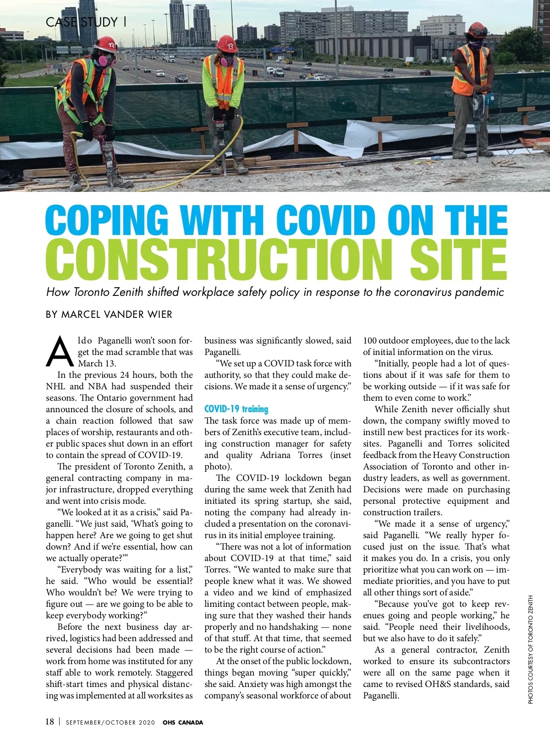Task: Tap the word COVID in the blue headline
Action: click(x=326, y=220)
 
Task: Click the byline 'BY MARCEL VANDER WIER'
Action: click(x=109, y=315)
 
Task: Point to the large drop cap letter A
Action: click(x=60, y=352)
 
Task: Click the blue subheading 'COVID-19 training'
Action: click(x=236, y=409)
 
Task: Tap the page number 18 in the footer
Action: click(x=49, y=722)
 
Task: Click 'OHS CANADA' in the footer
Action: click(x=183, y=723)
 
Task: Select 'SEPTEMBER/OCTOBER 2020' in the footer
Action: click(x=110, y=723)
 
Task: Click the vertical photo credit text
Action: click(x=531, y=649)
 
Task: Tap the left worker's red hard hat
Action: click(x=106, y=45)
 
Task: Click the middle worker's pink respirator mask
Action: click(x=227, y=60)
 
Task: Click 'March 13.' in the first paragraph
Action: click(x=97, y=364)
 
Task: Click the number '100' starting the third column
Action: click(x=369, y=341)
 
